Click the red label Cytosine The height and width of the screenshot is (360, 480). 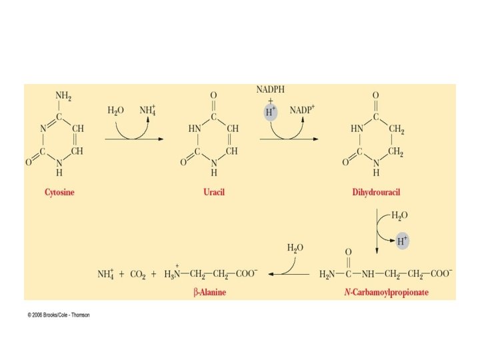tap(60, 192)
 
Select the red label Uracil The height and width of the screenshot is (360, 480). tap(213, 192)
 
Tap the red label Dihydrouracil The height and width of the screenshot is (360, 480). tap(376, 192)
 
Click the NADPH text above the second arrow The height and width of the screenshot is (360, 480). tap(271, 89)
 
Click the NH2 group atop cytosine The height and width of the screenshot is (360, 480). tap(63, 95)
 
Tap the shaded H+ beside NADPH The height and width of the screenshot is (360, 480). tap(271, 112)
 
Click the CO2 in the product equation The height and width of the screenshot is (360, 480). tap(139, 274)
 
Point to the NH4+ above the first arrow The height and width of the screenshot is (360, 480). tap(148, 110)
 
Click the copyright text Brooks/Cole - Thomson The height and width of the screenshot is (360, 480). tap(59, 315)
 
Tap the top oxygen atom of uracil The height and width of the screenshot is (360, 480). tap(213, 95)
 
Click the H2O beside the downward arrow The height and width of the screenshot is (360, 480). tap(400, 215)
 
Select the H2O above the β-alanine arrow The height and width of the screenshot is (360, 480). tap(295, 248)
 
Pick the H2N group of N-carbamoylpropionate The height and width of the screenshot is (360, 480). tap(327, 274)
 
